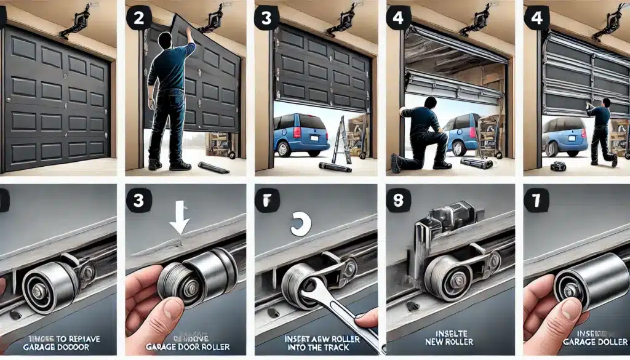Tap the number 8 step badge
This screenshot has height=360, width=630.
[x=398, y=201]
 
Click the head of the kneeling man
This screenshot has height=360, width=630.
[x=431, y=104]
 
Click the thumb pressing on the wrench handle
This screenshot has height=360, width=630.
[x=368, y=319]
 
